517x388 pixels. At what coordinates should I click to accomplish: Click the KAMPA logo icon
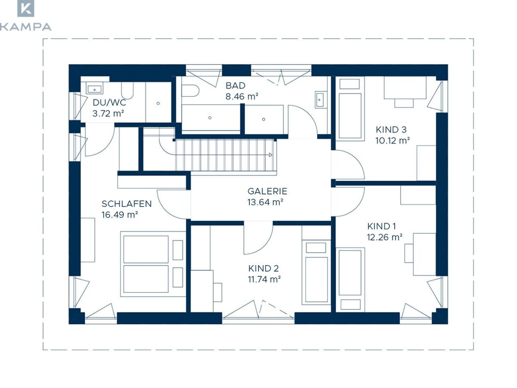[x=26, y=8]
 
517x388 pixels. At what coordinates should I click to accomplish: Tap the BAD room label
[x=235, y=86]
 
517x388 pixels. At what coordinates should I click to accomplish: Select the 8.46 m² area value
[x=242, y=96]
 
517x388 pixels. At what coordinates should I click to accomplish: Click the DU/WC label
[x=109, y=103]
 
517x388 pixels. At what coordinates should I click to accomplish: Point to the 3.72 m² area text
[x=108, y=114]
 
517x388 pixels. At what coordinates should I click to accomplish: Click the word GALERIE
[x=267, y=191]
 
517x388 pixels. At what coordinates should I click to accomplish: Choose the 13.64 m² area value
[x=265, y=202]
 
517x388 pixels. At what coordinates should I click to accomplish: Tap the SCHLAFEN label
[x=126, y=204]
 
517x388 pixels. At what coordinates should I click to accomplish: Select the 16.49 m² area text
[x=120, y=215]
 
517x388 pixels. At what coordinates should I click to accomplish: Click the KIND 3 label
[x=391, y=130]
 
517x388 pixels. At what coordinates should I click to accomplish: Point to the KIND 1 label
[x=381, y=226]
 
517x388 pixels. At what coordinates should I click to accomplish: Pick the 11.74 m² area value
[x=264, y=279]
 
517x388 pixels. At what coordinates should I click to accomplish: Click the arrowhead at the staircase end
[x=271, y=155]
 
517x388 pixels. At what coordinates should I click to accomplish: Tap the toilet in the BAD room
[x=190, y=91]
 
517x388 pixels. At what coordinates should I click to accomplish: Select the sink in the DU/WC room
[x=95, y=89]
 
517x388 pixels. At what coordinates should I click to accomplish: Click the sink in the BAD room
[x=320, y=100]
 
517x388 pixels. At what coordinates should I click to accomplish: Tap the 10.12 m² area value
[x=393, y=141]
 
